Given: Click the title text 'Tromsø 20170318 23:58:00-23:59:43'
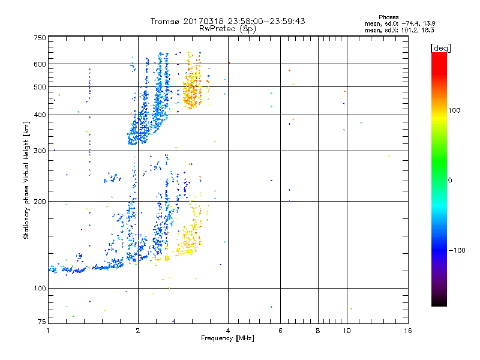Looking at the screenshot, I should (227, 21).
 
